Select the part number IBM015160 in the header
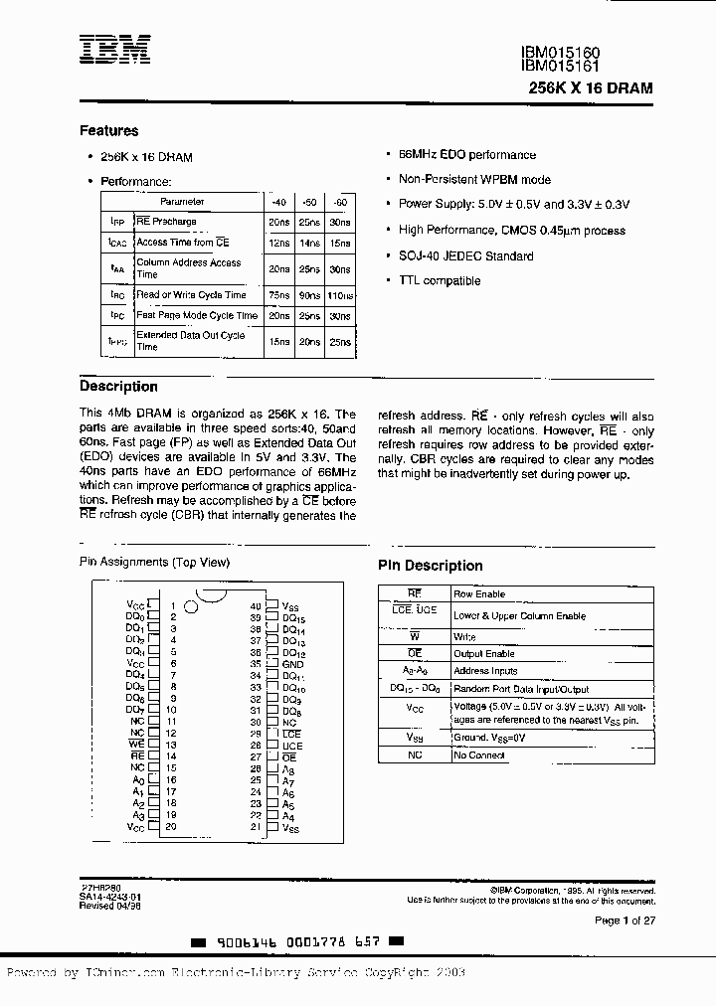(x=560, y=53)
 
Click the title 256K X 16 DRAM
(x=591, y=87)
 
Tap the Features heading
(x=108, y=131)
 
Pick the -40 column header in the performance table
(x=278, y=201)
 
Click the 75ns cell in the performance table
(x=278, y=295)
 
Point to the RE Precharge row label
(x=166, y=222)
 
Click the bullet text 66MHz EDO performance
(x=466, y=155)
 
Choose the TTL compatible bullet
(x=439, y=281)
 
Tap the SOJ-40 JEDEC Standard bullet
(x=465, y=256)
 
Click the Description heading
(x=118, y=387)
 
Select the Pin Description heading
(x=430, y=566)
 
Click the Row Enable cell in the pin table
(x=479, y=593)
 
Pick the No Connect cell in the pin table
(x=479, y=755)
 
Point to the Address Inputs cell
(x=485, y=671)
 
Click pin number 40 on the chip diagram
(x=256, y=605)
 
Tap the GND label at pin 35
(x=291, y=663)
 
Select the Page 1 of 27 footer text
(x=625, y=922)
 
